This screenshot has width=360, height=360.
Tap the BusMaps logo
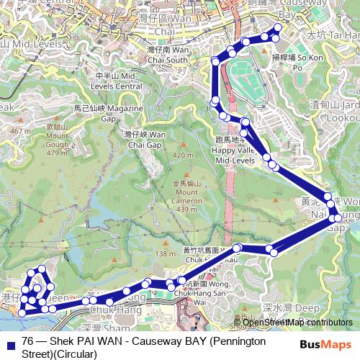pos(327,343)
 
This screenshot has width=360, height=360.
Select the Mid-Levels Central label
pos(118,81)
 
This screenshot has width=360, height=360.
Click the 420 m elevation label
pos(184,156)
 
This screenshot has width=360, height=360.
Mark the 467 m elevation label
pos(21,131)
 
